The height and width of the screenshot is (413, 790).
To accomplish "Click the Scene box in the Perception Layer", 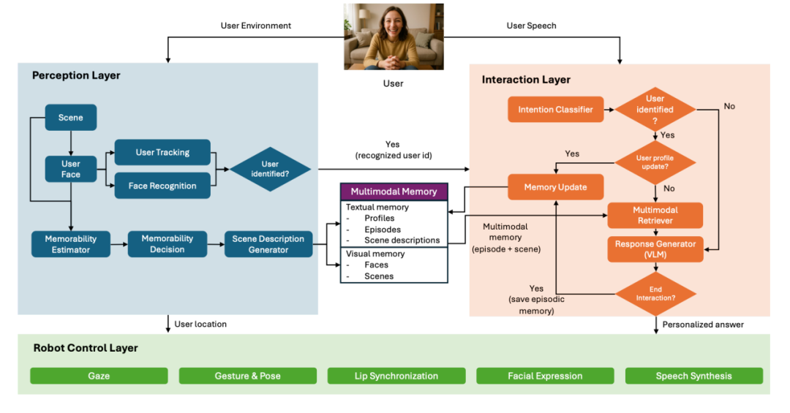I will tap(70, 118).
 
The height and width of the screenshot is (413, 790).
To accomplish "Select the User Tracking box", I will tap(162, 152).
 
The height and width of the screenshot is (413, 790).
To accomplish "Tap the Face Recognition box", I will tap(162, 186).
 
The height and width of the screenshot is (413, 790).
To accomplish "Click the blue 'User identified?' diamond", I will tap(270, 170).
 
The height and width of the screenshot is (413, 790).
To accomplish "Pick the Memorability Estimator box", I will tap(71, 244).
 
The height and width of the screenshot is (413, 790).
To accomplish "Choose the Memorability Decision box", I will tap(168, 244).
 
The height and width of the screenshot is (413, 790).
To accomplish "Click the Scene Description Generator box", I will tap(268, 244).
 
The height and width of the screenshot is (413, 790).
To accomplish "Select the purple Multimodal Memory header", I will tap(394, 192).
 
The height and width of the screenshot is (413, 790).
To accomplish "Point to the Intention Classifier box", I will tap(556, 110).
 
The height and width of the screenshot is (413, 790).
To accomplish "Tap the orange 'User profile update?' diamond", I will tap(655, 162).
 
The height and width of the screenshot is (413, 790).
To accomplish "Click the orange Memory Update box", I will tap(556, 187).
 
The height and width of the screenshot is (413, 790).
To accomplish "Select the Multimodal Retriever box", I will tap(655, 215).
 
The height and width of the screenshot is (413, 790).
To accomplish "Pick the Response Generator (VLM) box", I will tap(655, 249).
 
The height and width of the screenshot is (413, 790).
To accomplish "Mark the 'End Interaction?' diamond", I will tap(655, 294).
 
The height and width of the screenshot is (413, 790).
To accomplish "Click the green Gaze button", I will tap(99, 376).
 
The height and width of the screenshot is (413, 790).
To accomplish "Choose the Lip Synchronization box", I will tap(396, 376).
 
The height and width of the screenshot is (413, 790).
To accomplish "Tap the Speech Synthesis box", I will tap(693, 376).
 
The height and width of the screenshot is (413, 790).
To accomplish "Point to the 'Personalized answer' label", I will tap(703, 324).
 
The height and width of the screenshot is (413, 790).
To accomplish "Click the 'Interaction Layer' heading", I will tap(526, 80).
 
